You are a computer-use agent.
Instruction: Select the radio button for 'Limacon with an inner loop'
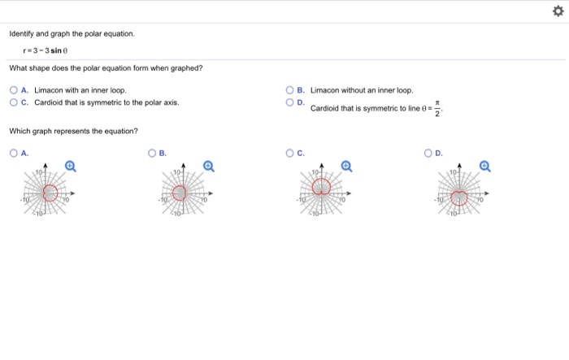(x=13, y=90)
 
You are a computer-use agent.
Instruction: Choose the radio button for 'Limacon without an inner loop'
(x=290, y=90)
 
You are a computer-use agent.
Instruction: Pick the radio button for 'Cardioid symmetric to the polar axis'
(x=13, y=102)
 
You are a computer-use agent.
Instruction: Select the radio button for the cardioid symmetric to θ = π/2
(x=290, y=102)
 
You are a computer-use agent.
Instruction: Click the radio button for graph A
(x=13, y=152)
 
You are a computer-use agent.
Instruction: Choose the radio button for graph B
(x=151, y=152)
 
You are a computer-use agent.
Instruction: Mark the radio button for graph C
(x=290, y=152)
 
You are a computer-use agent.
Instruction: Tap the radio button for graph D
(x=428, y=152)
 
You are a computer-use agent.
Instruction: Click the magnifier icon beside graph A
(x=70, y=166)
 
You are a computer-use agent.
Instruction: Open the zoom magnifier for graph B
(x=208, y=166)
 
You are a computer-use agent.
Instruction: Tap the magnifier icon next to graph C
(x=346, y=166)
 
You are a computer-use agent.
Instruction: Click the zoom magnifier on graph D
(x=484, y=166)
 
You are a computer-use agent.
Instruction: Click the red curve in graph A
(x=57, y=193)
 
